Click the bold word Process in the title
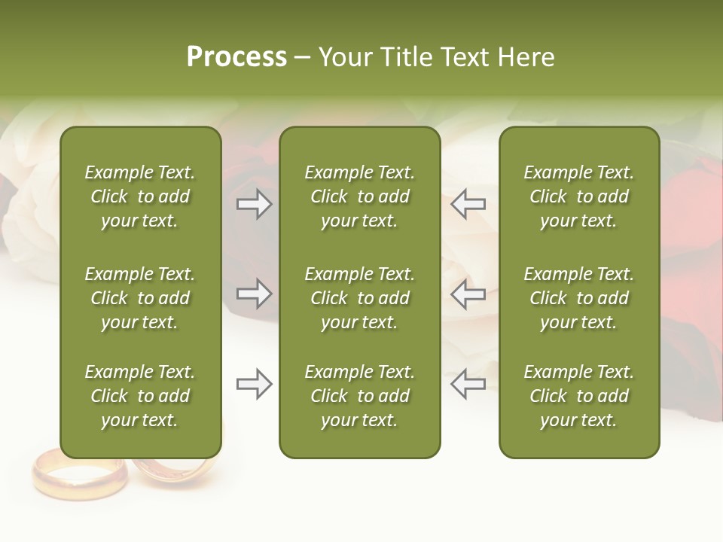coord(236,57)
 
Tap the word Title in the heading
coord(406,57)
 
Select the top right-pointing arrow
coord(255,203)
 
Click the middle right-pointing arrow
coord(255,294)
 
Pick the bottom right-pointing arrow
coord(255,384)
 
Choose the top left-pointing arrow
coord(468,203)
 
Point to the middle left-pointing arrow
coord(468,294)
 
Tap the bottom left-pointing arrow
coord(468,384)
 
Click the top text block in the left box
coord(140,196)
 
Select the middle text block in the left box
coord(140,298)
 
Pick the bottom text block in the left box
coord(140,396)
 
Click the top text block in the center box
coord(359,196)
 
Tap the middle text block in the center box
coord(359,298)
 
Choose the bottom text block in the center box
coord(359,396)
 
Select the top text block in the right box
coord(578,196)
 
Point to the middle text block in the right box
coord(578,298)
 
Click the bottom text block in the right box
coord(578,396)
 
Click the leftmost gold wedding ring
coord(79,474)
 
